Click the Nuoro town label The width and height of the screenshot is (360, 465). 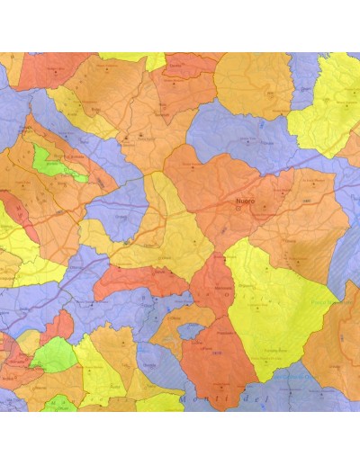[242, 202]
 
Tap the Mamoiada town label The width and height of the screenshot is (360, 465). [220, 290]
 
